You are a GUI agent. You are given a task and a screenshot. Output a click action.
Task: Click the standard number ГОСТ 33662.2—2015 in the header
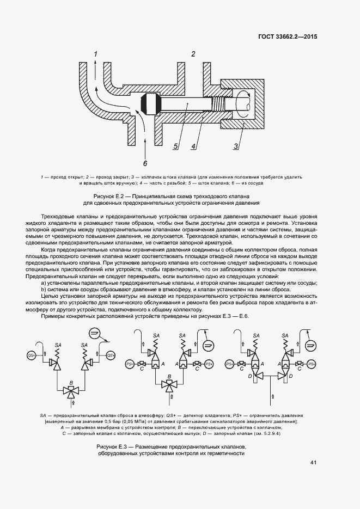(x=288, y=37)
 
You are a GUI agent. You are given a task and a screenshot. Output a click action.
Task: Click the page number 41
(x=313, y=463)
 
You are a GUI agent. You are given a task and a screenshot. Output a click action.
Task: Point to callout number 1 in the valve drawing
(x=95, y=54)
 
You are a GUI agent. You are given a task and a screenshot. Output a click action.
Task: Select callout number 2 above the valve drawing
(x=193, y=53)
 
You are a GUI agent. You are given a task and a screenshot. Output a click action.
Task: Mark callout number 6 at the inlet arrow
(x=145, y=162)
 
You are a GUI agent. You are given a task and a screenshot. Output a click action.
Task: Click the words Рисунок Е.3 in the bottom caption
(x=111, y=447)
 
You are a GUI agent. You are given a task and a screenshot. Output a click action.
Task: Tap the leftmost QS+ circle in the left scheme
(x=31, y=355)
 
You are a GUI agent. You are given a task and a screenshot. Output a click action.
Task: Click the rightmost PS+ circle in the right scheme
(x=312, y=363)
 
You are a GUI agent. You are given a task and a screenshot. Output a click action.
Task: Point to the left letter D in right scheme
(x=251, y=376)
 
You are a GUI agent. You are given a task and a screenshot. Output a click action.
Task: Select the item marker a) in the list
(x=44, y=283)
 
